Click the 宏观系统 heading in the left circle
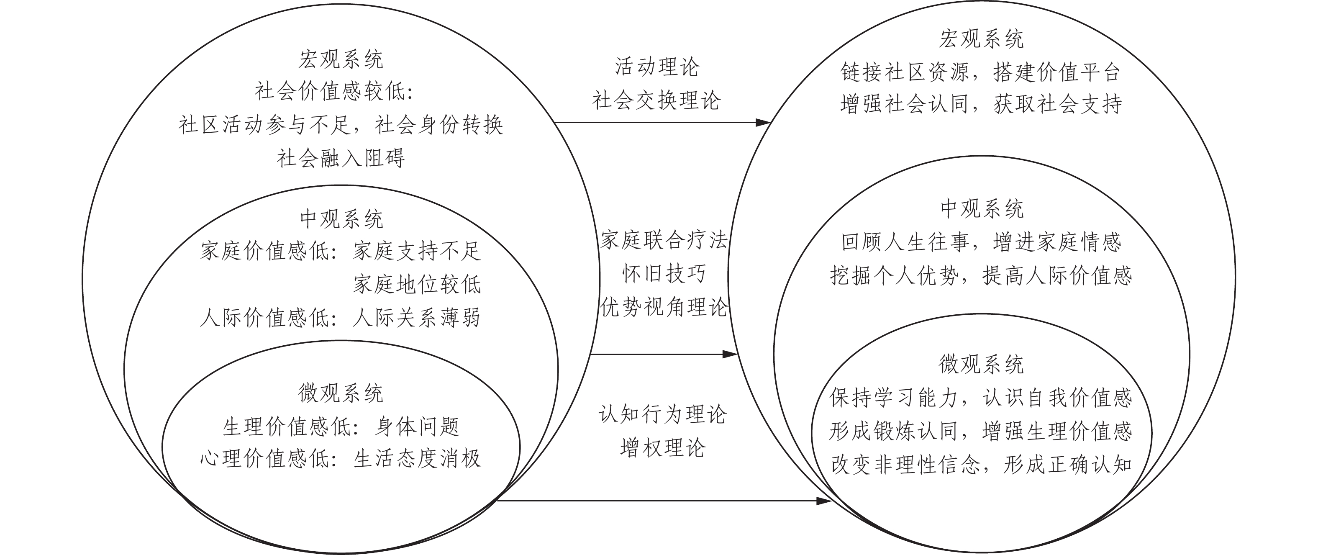click(341, 60)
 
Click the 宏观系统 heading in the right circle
click(981, 39)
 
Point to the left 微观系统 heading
click(341, 393)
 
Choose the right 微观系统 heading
click(981, 364)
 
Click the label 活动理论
click(657, 67)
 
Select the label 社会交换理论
click(657, 100)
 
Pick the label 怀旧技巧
click(664, 274)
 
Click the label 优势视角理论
click(664, 307)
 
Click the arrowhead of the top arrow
click(763, 122)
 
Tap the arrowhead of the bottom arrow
click(824, 501)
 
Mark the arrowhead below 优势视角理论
click(730, 354)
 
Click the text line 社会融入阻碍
click(341, 158)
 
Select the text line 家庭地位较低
click(417, 285)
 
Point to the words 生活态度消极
click(417, 459)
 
